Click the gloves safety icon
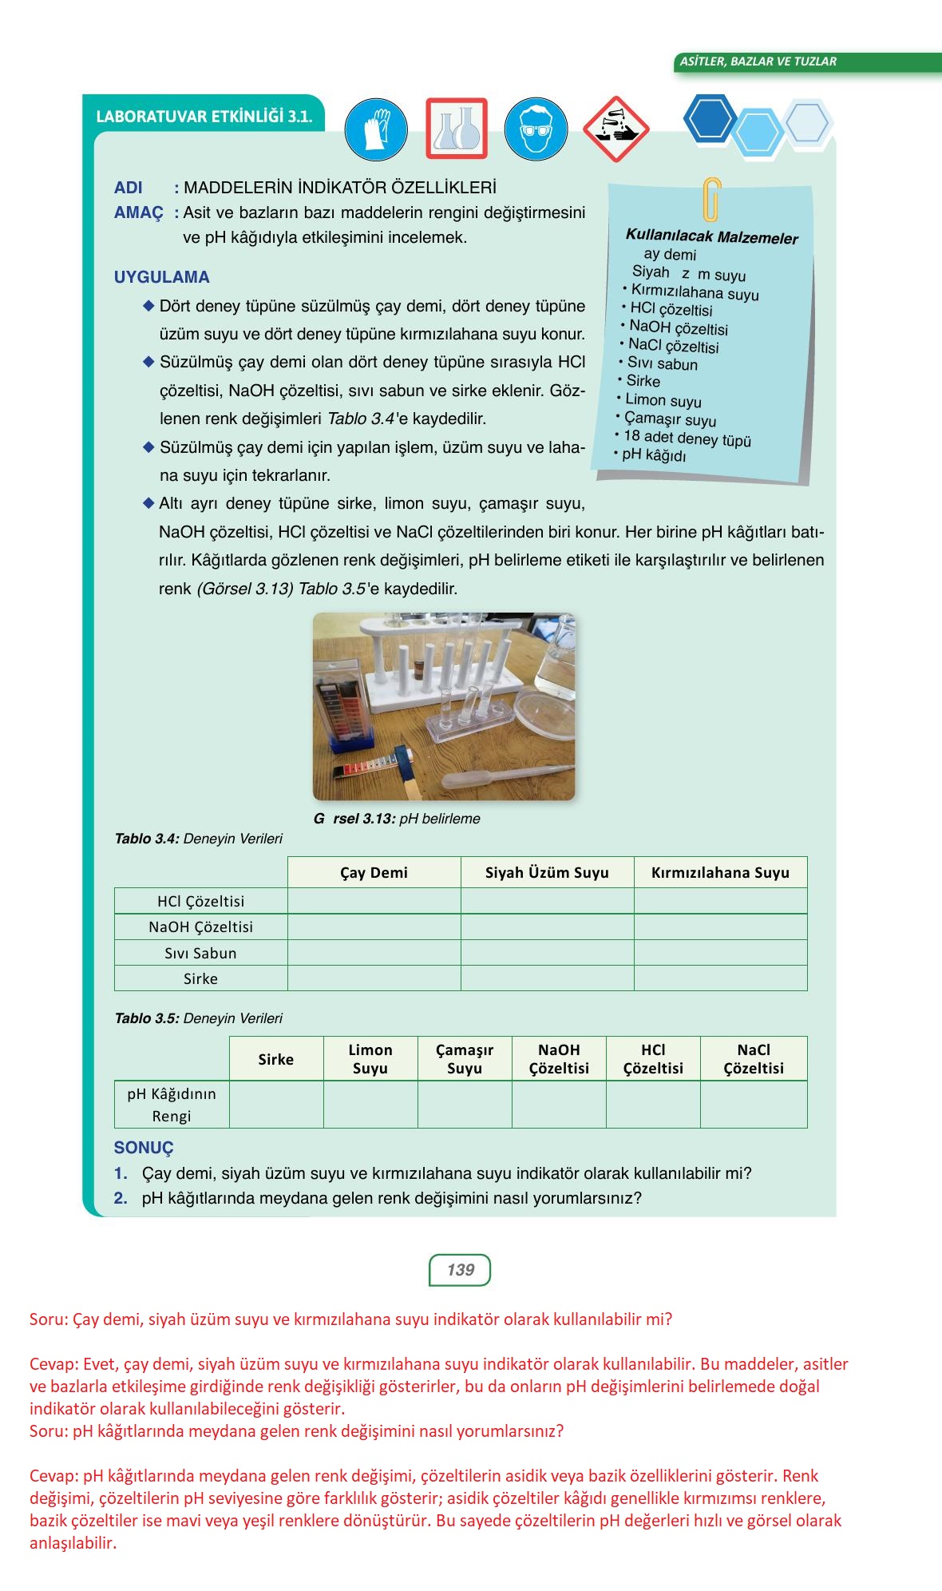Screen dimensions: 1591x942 pos(376,129)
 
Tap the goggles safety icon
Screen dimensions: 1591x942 pos(536,129)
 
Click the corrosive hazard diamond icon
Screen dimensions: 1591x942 pos(615,129)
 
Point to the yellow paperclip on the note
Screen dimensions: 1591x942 pos(711,200)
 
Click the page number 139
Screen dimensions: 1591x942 pos(460,1270)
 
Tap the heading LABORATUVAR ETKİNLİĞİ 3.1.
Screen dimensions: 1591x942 pos(204,117)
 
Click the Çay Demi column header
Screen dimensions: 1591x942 pos(374,872)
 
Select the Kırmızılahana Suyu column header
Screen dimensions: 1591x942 pos(720,872)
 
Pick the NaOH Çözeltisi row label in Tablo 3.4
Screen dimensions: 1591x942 pos(200,926)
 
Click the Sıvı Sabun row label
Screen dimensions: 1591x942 pos(200,953)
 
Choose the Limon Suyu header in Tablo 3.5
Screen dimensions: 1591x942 pos(370,1059)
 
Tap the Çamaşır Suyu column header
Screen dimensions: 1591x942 pos(465,1059)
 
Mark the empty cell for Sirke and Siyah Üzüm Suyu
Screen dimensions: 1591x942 pos(547,978)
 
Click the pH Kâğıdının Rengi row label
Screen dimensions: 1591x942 pos(172,1105)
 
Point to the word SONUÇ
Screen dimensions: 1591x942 pos(144,1148)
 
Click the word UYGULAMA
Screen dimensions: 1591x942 pos(162,277)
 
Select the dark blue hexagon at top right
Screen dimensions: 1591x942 pos(710,119)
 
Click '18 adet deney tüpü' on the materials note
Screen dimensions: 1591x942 pos(687,438)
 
